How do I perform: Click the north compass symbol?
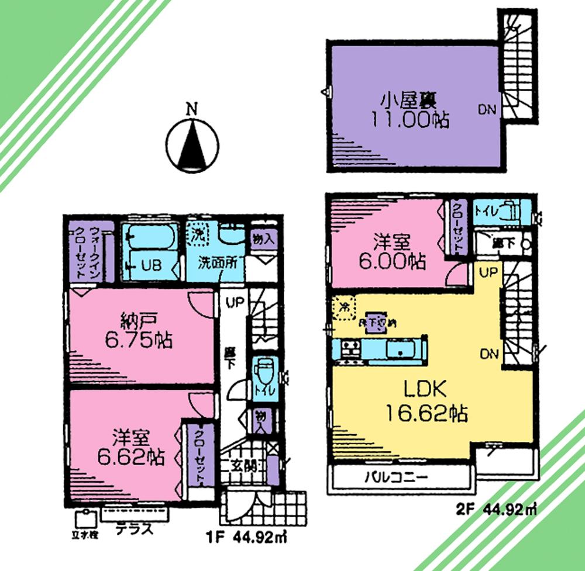pyautogui.click(x=192, y=143)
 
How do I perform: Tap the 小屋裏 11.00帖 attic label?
pyautogui.click(x=408, y=110)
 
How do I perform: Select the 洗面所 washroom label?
pyautogui.click(x=218, y=263)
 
